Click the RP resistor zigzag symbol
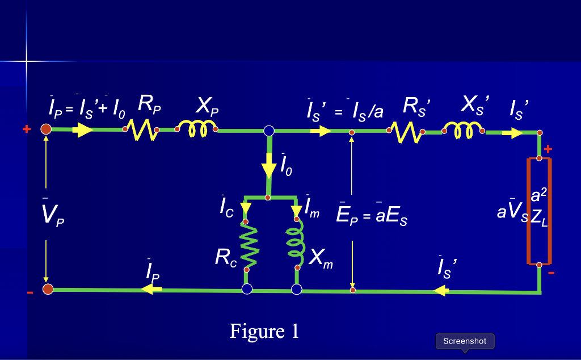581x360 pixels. pyautogui.click(x=141, y=131)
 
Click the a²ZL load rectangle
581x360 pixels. pyautogui.click(x=539, y=211)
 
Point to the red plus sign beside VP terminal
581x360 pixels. pyautogui.click(x=26, y=129)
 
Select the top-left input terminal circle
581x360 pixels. pyautogui.click(x=47, y=130)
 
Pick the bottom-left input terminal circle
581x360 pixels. pyautogui.click(x=48, y=290)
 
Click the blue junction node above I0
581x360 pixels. pyautogui.click(x=269, y=131)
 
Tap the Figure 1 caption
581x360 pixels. pyautogui.click(x=264, y=330)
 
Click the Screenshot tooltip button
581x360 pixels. pyautogui.click(x=465, y=341)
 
